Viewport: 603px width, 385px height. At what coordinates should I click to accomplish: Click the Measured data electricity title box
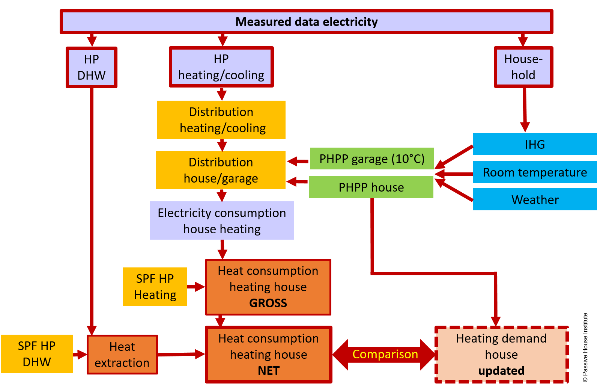[x=306, y=22]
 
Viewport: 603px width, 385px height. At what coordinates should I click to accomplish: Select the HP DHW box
[x=92, y=68]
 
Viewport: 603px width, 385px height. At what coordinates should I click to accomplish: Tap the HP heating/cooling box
[x=221, y=67]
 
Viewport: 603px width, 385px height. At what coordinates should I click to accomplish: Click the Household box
[x=523, y=67]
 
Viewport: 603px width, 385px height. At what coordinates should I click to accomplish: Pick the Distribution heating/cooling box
[x=221, y=120]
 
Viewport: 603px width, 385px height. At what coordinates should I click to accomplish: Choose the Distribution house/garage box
[x=221, y=170]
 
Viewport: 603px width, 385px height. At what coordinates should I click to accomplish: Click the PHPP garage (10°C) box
[x=371, y=159]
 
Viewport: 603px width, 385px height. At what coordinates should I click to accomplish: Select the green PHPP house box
[x=371, y=187]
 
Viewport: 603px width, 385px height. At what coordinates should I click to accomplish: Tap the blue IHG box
[x=535, y=144]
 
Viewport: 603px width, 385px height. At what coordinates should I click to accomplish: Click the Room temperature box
[x=535, y=172]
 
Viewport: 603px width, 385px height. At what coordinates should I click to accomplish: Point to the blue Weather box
[x=535, y=199]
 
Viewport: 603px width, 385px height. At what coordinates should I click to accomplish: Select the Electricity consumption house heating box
[x=222, y=221]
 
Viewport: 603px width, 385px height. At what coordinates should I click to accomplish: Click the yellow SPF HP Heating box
[x=155, y=287]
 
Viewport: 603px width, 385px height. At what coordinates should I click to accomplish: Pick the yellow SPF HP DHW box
[x=37, y=354]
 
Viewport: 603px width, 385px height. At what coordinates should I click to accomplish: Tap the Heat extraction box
[x=122, y=355]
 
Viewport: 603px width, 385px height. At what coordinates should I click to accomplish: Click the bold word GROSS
[x=268, y=303]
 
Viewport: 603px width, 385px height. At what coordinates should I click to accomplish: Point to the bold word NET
[x=269, y=371]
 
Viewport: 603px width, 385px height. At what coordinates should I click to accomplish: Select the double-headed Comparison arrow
[x=385, y=354]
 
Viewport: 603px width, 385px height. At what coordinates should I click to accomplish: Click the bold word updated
[x=501, y=371]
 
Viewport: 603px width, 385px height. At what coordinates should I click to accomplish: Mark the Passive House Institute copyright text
[x=585, y=347]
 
